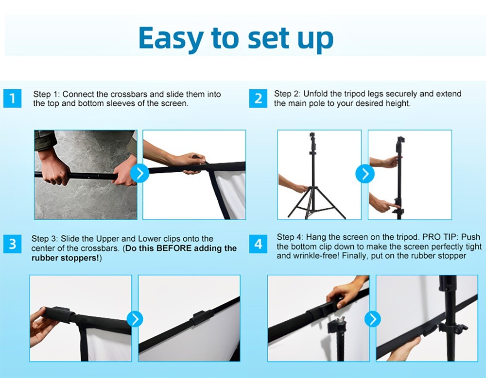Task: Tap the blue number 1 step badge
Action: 12,99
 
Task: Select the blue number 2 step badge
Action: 258,99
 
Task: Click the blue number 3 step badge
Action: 12,244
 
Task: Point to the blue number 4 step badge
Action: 258,244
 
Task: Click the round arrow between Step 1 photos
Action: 140,173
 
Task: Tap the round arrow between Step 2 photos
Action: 364,173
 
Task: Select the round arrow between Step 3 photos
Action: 135,319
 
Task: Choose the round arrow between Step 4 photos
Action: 373,319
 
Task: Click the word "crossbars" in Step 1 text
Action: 140,94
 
